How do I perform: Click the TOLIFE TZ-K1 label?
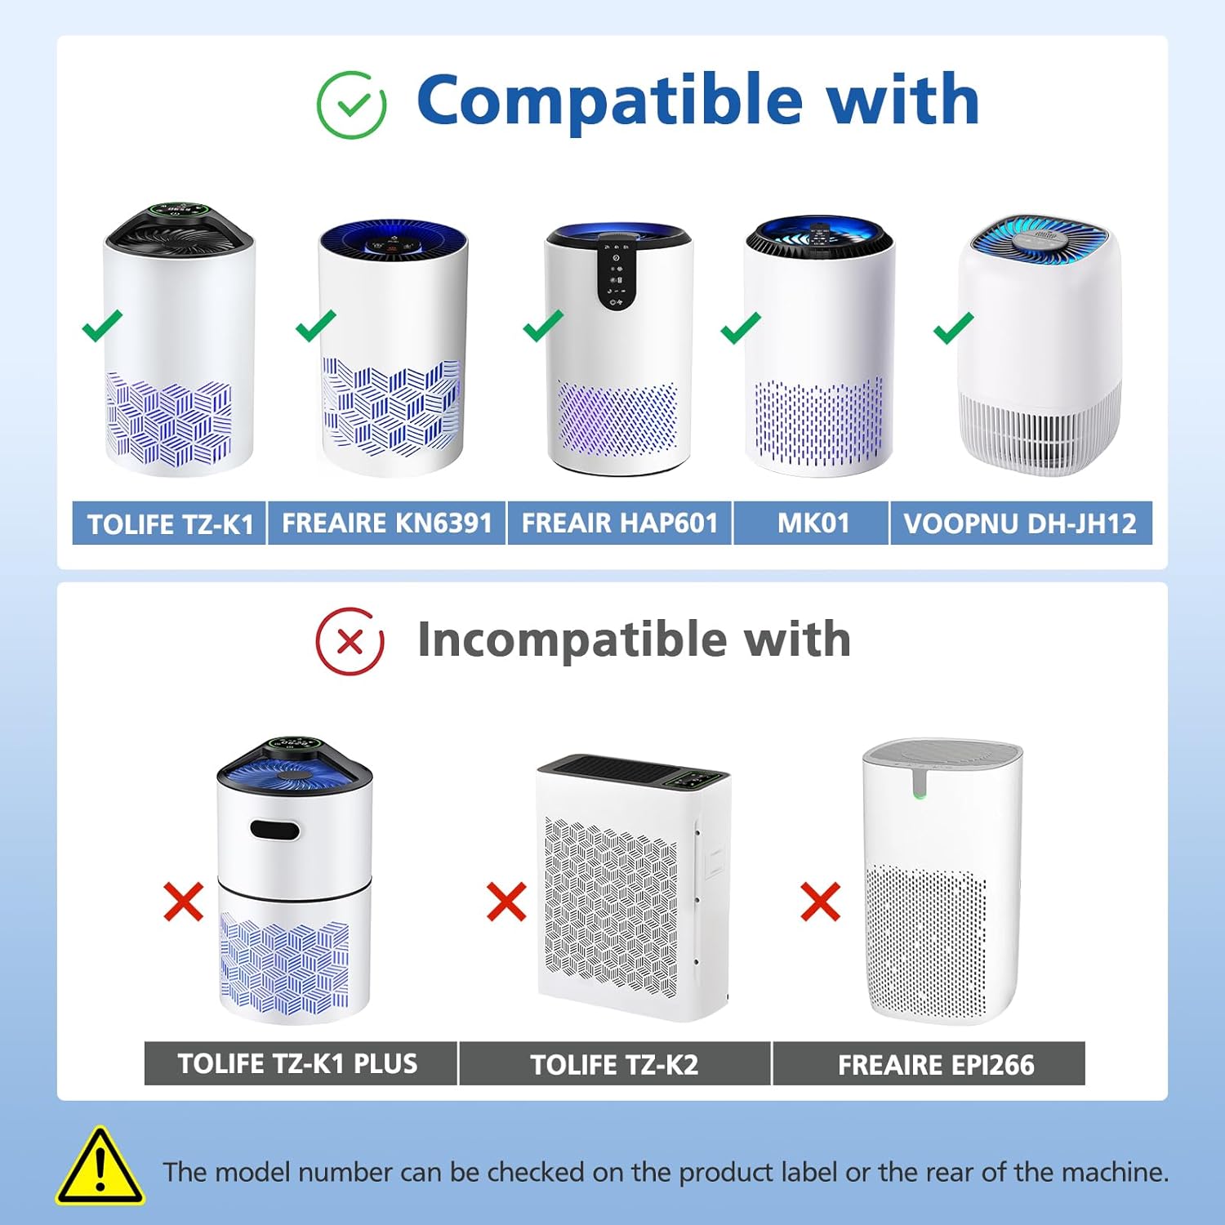[x=170, y=523]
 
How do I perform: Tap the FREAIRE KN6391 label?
[x=386, y=523]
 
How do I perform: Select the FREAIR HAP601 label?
[x=620, y=523]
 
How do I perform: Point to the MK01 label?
[x=813, y=523]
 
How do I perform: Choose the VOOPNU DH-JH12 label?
[x=1020, y=523]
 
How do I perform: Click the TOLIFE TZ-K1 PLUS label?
[x=298, y=1063]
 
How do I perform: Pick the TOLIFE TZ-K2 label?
[x=614, y=1064]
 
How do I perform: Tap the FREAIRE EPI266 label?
[x=936, y=1064]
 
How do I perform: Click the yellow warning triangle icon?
[x=100, y=1169]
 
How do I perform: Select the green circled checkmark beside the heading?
[x=351, y=105]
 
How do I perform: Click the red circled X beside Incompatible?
[x=350, y=642]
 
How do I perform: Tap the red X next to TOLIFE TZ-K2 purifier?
[x=506, y=902]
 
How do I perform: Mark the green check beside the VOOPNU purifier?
[x=953, y=327]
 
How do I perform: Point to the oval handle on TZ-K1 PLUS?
[x=275, y=831]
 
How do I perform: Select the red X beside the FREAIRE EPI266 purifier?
[x=820, y=902]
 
